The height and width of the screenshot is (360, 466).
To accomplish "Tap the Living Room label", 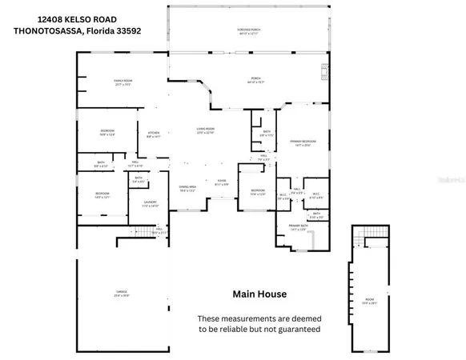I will [x=209, y=130].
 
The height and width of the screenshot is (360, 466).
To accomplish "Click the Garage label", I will [x=122, y=294].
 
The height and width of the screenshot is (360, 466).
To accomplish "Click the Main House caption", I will [x=259, y=294].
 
